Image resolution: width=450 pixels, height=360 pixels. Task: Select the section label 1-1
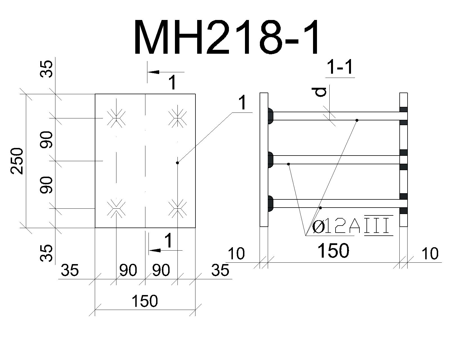click(340, 67)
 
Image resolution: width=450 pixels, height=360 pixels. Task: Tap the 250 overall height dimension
click(17, 161)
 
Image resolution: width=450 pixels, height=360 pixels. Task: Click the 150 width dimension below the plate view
click(145, 301)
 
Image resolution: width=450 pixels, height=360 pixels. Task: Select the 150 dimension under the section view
click(333, 250)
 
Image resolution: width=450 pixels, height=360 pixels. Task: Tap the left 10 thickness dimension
click(236, 253)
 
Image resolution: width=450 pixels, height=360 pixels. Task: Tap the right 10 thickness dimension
click(430, 253)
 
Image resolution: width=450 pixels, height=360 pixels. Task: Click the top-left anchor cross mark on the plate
click(116, 118)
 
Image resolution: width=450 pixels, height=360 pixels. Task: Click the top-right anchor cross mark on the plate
click(177, 118)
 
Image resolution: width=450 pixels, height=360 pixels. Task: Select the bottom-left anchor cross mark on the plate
click(116, 208)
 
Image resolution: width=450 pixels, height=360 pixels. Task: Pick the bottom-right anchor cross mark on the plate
click(177, 208)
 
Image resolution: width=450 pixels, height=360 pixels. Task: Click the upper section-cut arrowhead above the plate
click(154, 72)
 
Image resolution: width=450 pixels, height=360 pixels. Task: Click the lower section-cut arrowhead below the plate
click(155, 250)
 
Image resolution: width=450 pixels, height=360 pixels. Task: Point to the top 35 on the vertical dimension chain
click(46, 69)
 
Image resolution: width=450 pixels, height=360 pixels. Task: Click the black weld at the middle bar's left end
click(270, 159)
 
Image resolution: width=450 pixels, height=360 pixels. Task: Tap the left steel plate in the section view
click(264, 160)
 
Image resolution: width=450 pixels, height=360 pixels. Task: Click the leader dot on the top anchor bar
click(357, 120)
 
